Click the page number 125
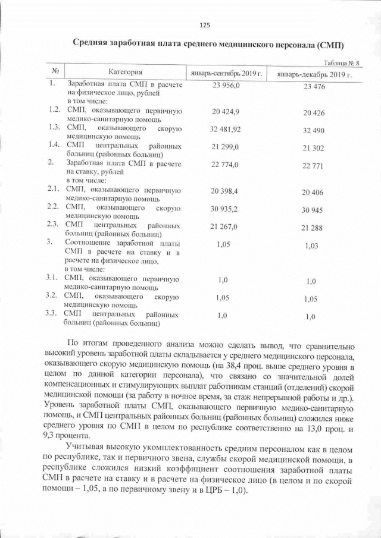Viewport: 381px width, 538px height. click(x=205, y=25)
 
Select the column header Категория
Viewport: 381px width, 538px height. click(x=124, y=73)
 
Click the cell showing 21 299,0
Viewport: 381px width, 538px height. click(x=224, y=146)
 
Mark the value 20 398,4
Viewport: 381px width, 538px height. click(x=224, y=191)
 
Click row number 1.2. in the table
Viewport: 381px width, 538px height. click(x=54, y=111)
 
